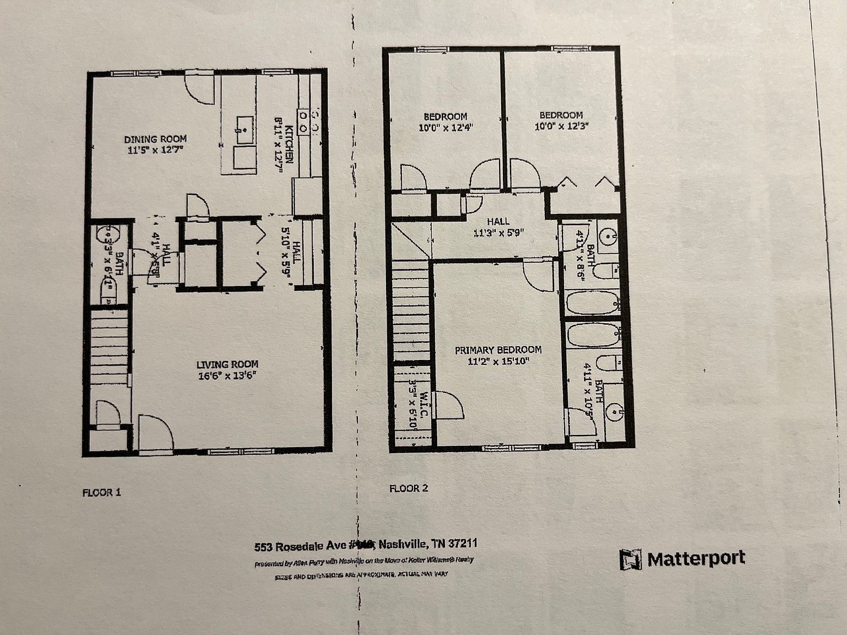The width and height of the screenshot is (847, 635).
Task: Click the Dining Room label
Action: coord(155,139)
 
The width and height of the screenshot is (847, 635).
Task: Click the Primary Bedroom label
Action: coord(497,350)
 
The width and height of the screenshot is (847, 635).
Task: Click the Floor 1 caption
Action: coord(101,492)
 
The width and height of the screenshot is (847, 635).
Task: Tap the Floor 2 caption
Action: coord(409,488)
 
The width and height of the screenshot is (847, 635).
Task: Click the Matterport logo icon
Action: coord(630,560)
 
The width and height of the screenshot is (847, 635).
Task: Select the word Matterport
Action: coord(696,558)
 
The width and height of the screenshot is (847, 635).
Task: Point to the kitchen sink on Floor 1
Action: coord(243,125)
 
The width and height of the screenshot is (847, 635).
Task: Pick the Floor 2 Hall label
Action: coord(498,221)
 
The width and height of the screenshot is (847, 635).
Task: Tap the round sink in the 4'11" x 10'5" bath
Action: coord(612,411)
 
